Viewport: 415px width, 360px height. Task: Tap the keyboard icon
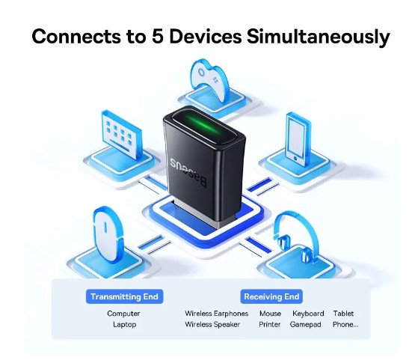tap(121, 135)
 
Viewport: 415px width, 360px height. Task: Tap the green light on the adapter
tap(204, 125)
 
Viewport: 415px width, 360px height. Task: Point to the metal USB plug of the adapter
tap(195, 214)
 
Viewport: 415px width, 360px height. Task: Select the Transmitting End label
tap(124, 296)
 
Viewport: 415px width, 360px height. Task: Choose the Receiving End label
tap(271, 296)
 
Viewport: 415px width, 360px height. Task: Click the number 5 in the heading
tap(157, 36)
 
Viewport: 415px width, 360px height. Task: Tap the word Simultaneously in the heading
tap(318, 37)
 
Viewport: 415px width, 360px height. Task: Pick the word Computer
tap(123, 314)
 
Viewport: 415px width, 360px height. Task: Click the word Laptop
tap(124, 325)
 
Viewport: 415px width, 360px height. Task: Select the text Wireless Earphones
tap(217, 314)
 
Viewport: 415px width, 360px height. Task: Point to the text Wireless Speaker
tap(212, 325)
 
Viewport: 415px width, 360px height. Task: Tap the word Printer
tap(270, 325)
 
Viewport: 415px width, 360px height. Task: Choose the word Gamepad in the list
tap(305, 325)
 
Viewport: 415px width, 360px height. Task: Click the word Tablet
tap(343, 314)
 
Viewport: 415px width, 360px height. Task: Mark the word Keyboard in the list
tap(308, 314)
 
